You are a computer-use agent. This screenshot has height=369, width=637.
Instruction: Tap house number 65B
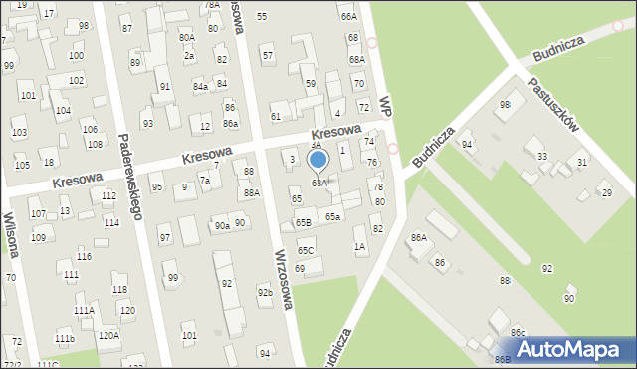(x=303, y=222)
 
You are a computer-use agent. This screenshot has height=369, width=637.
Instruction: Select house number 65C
(x=306, y=250)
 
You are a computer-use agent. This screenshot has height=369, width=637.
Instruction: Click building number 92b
(x=264, y=293)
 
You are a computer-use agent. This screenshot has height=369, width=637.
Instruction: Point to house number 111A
(x=84, y=311)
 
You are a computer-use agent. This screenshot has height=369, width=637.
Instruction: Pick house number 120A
(x=108, y=335)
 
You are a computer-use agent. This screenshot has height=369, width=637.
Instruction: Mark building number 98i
(x=505, y=104)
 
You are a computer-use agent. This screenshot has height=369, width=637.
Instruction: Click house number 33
(x=542, y=157)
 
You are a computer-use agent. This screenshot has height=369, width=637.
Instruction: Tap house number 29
(x=607, y=192)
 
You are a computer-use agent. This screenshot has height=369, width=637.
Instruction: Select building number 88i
(x=506, y=283)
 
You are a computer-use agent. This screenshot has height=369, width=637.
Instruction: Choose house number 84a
(x=201, y=87)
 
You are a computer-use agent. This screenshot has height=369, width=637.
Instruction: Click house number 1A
(x=359, y=245)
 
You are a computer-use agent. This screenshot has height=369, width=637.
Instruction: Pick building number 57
(x=267, y=55)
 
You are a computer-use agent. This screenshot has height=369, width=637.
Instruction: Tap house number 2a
(x=188, y=56)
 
